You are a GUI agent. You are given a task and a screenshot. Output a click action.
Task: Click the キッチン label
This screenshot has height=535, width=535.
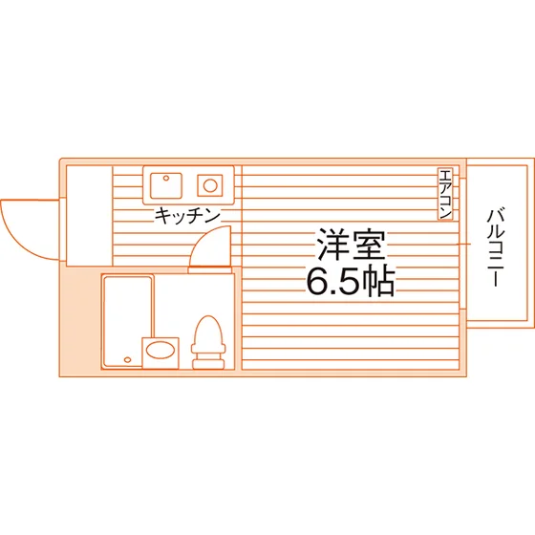187,216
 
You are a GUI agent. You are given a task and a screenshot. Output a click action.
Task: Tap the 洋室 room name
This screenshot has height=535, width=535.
352,246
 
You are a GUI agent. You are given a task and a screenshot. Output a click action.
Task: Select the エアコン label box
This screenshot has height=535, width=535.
445,194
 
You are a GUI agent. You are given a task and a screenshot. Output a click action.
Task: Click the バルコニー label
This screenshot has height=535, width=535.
496,247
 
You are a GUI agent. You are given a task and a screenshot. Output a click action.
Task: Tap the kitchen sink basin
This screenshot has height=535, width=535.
166,185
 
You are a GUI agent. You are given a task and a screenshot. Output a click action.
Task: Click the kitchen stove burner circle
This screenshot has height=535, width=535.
210,185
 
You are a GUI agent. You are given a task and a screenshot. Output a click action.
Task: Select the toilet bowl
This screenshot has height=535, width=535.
208,331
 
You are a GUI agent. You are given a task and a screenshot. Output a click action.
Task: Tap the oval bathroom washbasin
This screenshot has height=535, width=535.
160,350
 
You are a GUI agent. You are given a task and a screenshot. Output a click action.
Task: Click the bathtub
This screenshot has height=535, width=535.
128,321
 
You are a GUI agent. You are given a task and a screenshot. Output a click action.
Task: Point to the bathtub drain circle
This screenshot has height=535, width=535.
127,359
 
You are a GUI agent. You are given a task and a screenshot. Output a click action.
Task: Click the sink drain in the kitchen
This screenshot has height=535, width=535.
166,178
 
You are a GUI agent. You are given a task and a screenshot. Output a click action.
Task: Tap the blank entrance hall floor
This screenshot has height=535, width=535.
89,216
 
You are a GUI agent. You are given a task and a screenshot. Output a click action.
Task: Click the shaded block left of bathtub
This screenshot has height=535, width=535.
80,321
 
